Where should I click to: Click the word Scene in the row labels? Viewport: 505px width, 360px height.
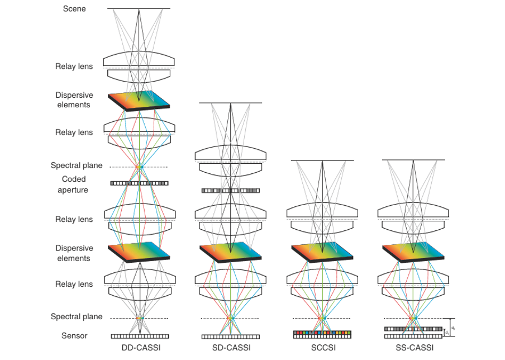pos(74,9)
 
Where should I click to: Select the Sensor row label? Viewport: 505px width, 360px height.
pos(74,336)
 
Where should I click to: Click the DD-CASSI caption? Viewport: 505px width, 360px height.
pos(139,348)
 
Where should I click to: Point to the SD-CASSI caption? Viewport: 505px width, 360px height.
pos(230,348)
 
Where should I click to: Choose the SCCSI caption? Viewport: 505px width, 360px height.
pos(322,348)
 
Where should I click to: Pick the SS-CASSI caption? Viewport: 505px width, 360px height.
pos(413,348)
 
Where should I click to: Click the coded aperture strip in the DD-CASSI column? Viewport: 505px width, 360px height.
pos(139,183)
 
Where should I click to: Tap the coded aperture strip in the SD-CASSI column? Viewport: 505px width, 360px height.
pos(230,191)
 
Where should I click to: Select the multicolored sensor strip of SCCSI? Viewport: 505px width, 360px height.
pos(322,334)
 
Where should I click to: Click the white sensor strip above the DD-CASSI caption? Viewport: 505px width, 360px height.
pos(139,337)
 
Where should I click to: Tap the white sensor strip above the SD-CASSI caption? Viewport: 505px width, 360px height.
pos(230,337)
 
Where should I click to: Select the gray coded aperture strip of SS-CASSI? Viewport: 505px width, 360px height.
pos(413,329)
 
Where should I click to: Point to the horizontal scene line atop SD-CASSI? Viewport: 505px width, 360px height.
pos(230,103)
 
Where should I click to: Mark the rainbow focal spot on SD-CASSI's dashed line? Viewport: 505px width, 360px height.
pos(230,318)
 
